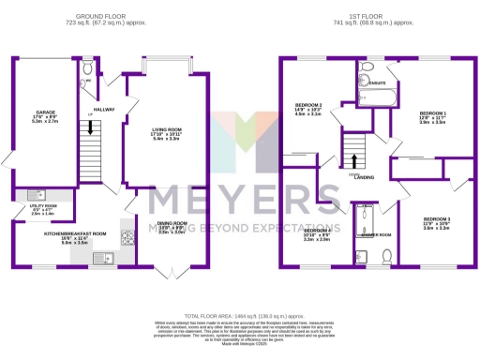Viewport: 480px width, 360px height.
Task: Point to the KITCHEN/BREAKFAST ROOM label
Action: click(75, 233)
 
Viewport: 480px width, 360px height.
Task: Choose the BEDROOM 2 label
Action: click(308, 104)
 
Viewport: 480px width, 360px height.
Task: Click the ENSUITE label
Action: click(379, 82)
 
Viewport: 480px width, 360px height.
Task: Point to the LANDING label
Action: click(363, 176)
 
